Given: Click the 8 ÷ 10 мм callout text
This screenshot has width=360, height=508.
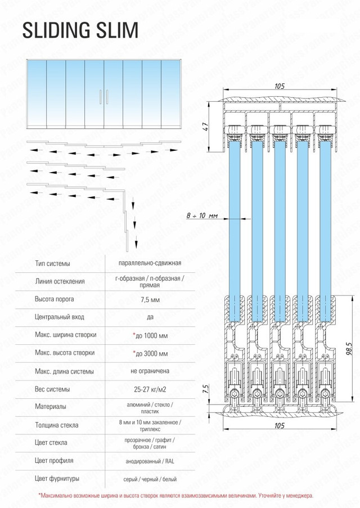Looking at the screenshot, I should [x=201, y=215].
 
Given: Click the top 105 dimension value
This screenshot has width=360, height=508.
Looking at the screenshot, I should [x=280, y=86].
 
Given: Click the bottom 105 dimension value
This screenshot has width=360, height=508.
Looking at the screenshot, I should [x=280, y=426].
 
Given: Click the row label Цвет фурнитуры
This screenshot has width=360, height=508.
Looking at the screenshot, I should [x=57, y=479].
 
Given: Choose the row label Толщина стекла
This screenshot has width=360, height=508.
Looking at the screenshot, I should [x=57, y=425].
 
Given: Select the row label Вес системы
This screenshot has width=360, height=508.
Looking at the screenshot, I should [x=52, y=389].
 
